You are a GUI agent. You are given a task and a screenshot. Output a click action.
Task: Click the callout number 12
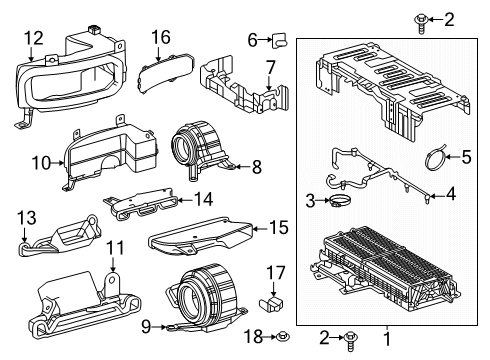click(34, 38)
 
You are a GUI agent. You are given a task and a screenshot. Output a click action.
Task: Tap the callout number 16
click(160, 37)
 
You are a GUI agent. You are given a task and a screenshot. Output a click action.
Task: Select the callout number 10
click(41, 161)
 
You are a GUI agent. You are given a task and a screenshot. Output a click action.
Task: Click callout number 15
click(279, 228)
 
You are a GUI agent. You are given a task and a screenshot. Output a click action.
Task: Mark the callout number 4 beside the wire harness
click(452, 194)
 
